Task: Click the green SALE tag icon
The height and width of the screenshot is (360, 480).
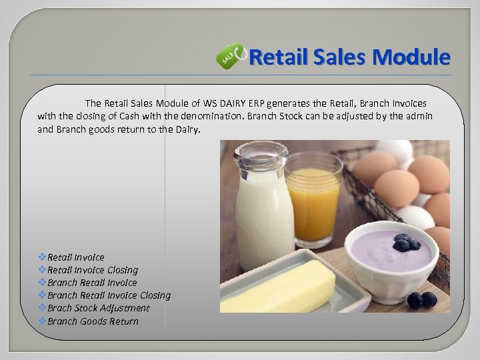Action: pyautogui.click(x=228, y=59)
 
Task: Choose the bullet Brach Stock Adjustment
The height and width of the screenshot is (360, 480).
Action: pyautogui.click(x=98, y=308)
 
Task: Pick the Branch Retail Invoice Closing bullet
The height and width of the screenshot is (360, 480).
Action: pyautogui.click(x=109, y=295)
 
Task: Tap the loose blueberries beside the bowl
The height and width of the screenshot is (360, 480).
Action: pyautogui.click(x=421, y=300)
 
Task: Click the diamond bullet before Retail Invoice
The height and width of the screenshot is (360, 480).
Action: pyautogui.click(x=43, y=257)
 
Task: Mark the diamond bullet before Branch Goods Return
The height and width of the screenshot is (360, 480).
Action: pyautogui.click(x=43, y=321)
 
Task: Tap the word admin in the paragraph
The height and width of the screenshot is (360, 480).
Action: pyautogui.click(x=419, y=116)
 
